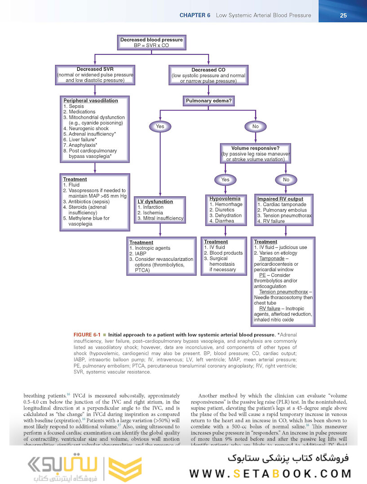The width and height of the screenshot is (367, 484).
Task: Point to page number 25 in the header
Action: (x=343, y=15)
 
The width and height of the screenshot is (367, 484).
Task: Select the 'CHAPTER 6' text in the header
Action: (x=195, y=15)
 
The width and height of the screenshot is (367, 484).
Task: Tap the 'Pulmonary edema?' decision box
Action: (x=209, y=101)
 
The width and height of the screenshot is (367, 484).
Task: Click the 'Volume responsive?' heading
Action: (x=255, y=148)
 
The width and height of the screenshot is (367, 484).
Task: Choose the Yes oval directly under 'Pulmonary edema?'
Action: (x=160, y=126)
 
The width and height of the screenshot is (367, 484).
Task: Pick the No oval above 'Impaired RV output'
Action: (x=286, y=180)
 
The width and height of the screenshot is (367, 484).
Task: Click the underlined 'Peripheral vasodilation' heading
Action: (x=90, y=101)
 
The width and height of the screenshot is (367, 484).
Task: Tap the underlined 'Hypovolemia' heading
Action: (x=225, y=199)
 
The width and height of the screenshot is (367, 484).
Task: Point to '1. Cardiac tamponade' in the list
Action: (x=281, y=204)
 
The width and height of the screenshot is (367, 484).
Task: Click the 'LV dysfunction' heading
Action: (x=155, y=202)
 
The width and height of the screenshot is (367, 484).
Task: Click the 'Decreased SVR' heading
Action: (x=95, y=69)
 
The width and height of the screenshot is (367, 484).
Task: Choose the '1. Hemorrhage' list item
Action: (x=226, y=204)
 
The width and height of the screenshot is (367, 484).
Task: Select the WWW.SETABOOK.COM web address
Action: (x=270, y=473)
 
